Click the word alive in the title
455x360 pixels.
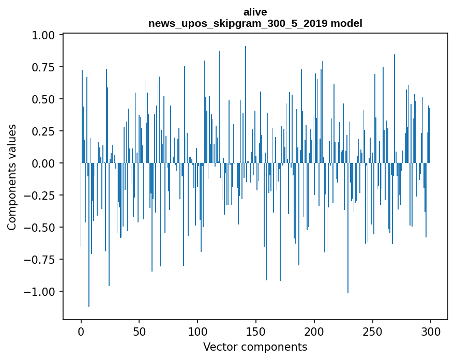(x=255, y=12)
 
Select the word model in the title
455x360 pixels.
(x=349, y=23)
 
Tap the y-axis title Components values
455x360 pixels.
(x=12, y=177)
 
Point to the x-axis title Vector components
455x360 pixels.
(x=255, y=347)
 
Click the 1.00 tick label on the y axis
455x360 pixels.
(x=44, y=35)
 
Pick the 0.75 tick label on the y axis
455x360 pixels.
(x=44, y=67)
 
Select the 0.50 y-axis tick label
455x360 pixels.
(x=44, y=99)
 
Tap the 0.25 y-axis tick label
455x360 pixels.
(x=44, y=131)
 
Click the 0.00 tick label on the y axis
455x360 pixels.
(x=44, y=163)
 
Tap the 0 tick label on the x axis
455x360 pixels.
(x=81, y=332)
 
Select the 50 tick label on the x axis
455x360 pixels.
(x=139, y=332)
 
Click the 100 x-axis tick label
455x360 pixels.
(x=198, y=332)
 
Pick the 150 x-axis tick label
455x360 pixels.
(x=256, y=332)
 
